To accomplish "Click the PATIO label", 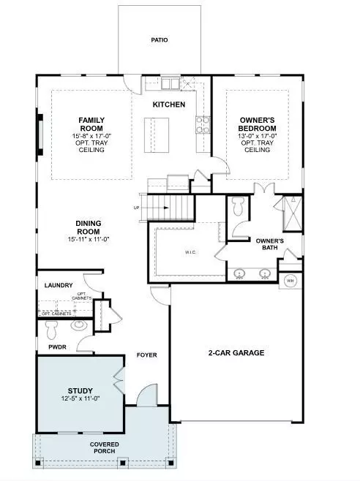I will coord(159,40).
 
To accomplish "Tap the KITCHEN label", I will coord(168,105).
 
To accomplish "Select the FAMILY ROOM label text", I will coord(93,123).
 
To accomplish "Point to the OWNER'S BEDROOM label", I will coord(256,123).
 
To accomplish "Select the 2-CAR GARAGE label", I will coord(234,352).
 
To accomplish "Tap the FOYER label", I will coord(147,356).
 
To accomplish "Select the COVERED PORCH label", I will coord(104,447).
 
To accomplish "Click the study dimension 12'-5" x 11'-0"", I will coord(80,400).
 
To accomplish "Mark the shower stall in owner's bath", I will coord(290,213).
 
